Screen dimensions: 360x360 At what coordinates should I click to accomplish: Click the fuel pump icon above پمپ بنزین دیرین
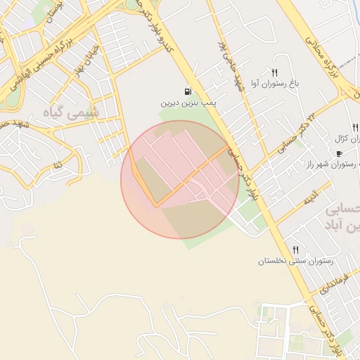(x=188, y=91)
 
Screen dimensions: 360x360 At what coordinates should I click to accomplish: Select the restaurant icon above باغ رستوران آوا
(x=275, y=72)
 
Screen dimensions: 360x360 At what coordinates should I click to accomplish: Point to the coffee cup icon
(x=340, y=153)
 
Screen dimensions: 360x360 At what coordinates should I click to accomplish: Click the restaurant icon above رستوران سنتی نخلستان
(x=295, y=250)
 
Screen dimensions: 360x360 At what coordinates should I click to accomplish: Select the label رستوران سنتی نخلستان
(x=295, y=261)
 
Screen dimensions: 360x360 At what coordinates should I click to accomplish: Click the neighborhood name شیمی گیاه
(x=72, y=112)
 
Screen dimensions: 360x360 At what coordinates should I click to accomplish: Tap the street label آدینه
(x=311, y=195)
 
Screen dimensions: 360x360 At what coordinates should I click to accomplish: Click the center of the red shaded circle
(x=180, y=179)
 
